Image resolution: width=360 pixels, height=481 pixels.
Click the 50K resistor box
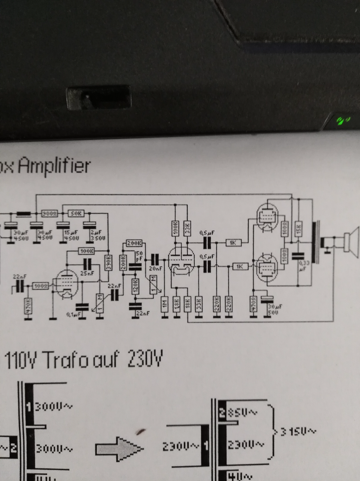[x=76, y=213]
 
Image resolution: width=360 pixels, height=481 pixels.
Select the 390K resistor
[x=107, y=263]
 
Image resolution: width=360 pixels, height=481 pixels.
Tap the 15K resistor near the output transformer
[x=299, y=229]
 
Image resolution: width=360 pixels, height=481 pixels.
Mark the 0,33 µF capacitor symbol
[x=298, y=255]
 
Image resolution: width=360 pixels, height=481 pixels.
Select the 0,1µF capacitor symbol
[x=82, y=307]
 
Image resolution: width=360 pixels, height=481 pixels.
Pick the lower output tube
[x=266, y=267]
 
